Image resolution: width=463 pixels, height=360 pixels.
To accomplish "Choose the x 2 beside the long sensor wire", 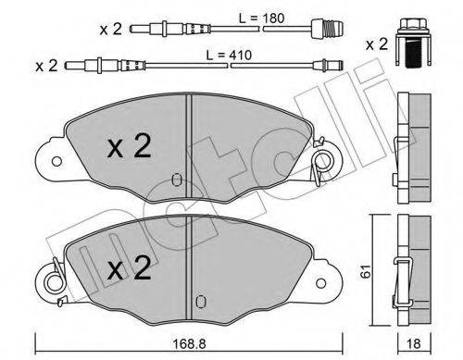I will click(48, 66).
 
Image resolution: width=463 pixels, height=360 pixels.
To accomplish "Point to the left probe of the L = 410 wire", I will click(99, 66).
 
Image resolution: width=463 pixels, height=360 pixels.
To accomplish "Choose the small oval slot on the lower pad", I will click(201, 298).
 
